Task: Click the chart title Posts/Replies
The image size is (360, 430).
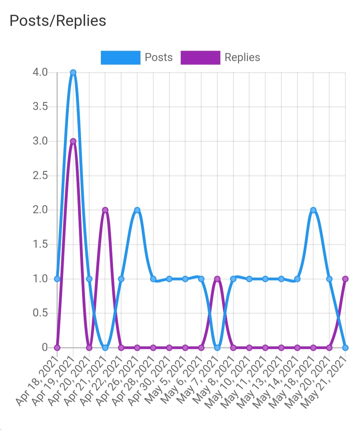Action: tap(58, 21)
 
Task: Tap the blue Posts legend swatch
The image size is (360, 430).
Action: tap(120, 58)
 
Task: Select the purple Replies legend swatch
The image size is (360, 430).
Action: tap(200, 58)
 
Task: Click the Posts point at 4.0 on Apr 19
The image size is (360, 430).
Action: tap(73, 72)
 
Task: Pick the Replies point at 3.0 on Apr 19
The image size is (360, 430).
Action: tap(73, 141)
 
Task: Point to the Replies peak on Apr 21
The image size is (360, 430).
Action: tap(105, 210)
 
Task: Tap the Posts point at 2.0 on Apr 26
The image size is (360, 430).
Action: tap(137, 210)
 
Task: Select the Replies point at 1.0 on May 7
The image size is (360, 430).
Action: tap(217, 279)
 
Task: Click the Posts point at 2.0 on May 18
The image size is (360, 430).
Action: tap(313, 210)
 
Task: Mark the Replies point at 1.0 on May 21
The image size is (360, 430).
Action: tap(345, 279)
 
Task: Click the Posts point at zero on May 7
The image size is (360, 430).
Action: tap(217, 348)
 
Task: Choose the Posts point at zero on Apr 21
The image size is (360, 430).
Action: tap(105, 348)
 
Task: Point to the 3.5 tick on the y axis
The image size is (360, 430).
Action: tap(40, 107)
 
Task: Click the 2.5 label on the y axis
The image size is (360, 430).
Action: tap(40, 176)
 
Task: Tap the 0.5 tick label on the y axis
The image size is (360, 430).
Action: tap(40, 313)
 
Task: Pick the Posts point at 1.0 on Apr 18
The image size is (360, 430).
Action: tap(57, 279)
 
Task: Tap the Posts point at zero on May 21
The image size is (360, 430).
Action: tap(345, 348)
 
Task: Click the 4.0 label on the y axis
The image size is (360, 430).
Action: tap(40, 72)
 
